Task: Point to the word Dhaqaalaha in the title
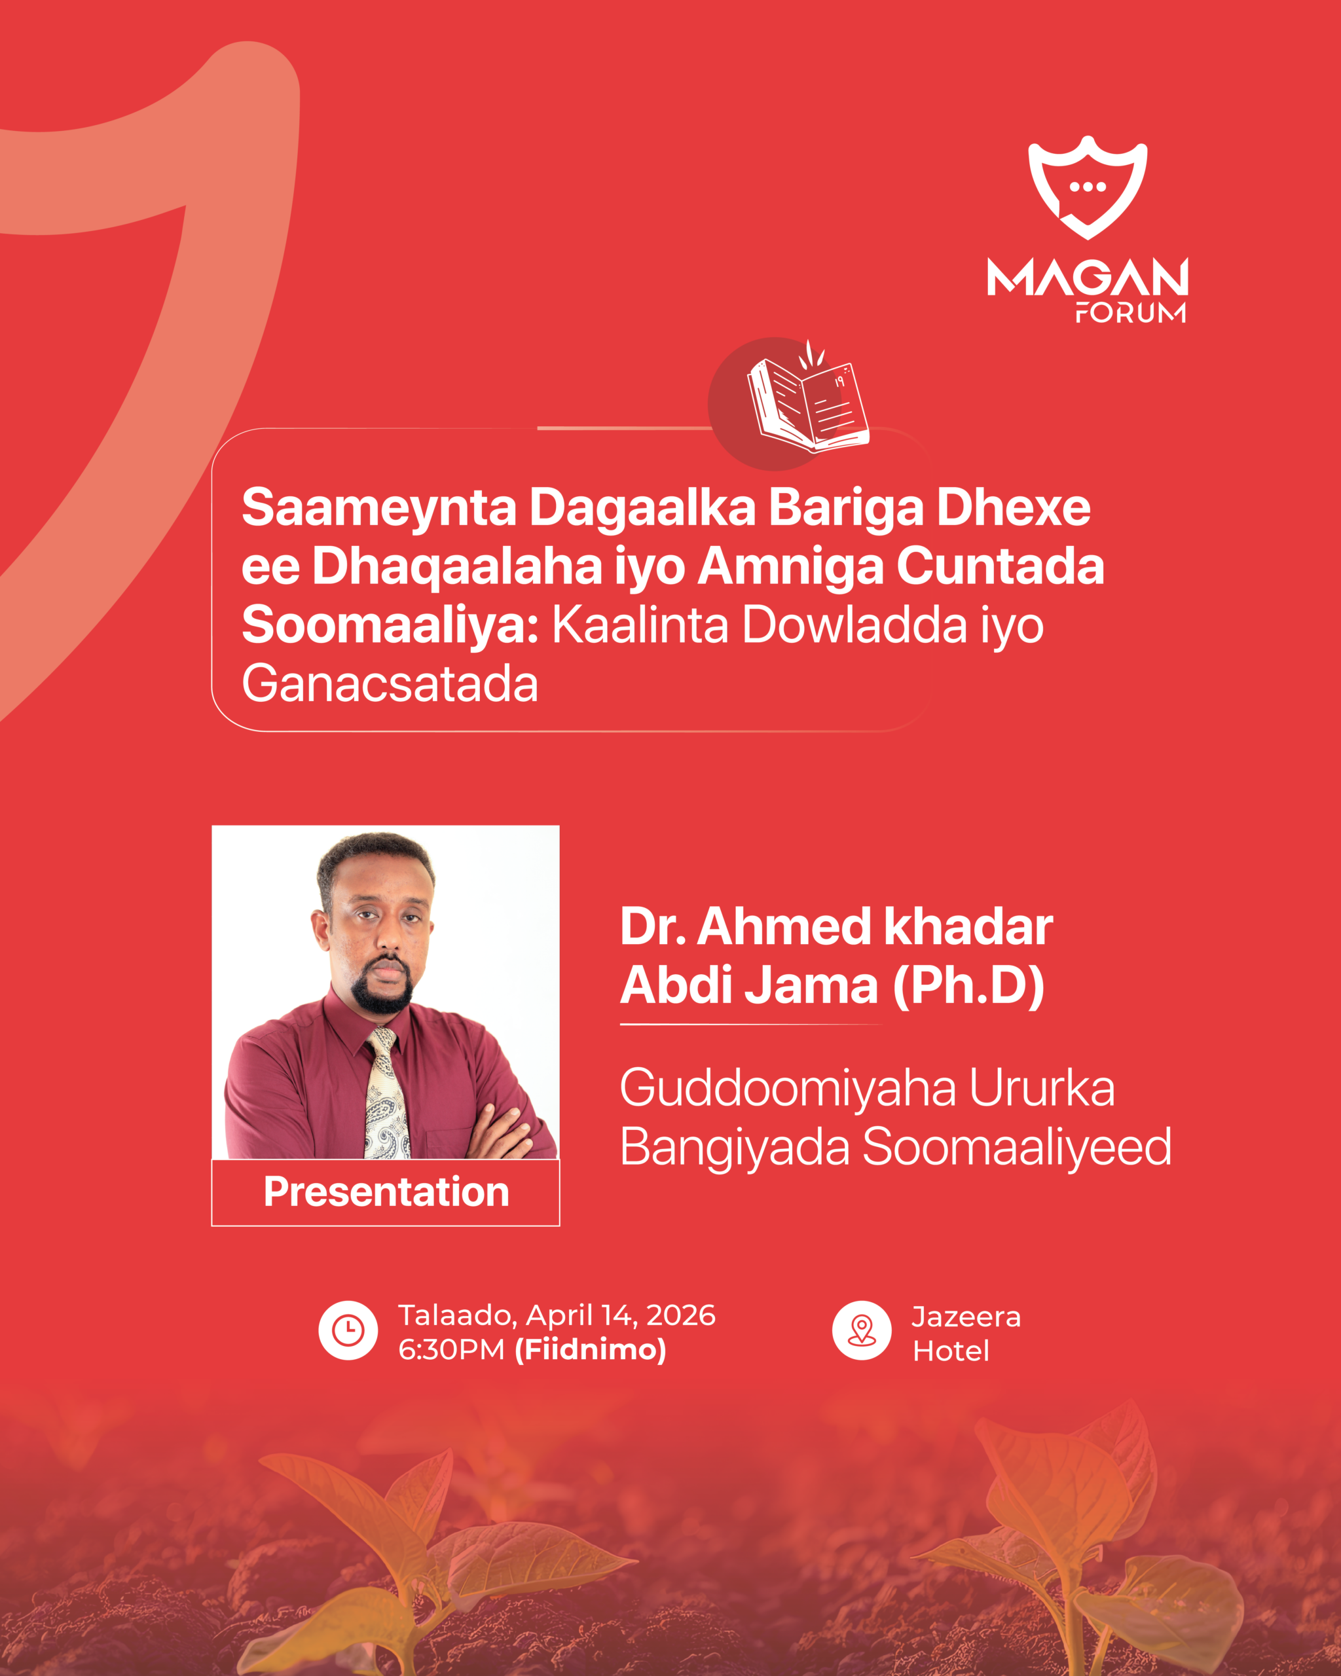457,567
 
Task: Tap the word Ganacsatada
390,684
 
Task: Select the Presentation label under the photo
386,1192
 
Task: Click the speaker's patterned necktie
387,1095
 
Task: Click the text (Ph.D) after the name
968,987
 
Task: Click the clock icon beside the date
348,1330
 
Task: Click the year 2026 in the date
681,1315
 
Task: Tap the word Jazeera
966,1317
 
